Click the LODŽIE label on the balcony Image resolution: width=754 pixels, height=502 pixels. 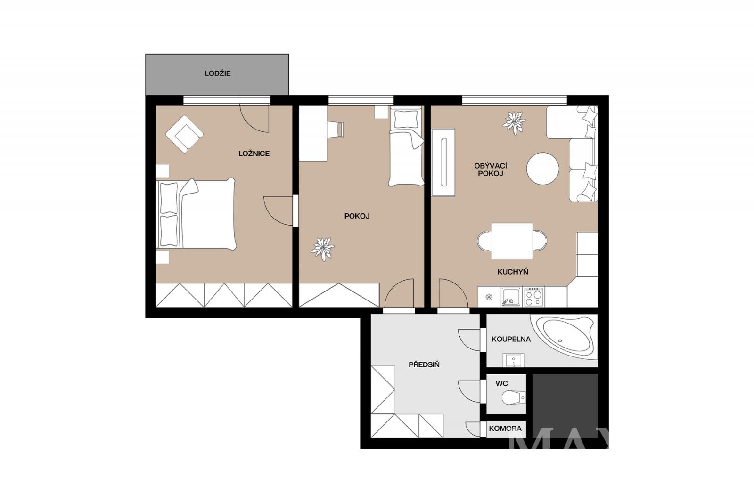[x=217, y=73]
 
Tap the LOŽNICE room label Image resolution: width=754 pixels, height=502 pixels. [x=254, y=154]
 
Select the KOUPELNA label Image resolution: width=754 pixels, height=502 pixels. [x=511, y=339]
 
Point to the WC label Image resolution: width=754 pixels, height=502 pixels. [x=501, y=383]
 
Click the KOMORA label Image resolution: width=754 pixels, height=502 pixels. [x=505, y=429]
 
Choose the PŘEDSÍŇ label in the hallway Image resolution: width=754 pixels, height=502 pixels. [x=424, y=364]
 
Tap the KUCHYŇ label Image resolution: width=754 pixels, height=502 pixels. [x=513, y=272]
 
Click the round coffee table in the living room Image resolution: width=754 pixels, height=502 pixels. [x=542, y=169]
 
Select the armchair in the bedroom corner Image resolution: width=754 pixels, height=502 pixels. [x=184, y=134]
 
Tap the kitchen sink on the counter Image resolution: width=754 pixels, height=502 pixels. [x=510, y=296]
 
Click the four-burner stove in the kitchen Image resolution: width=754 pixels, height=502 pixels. [x=533, y=296]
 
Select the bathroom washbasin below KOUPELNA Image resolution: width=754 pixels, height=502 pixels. [x=513, y=360]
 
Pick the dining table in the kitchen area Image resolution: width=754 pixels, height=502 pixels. [x=512, y=241]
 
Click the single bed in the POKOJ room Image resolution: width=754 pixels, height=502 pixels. [x=406, y=146]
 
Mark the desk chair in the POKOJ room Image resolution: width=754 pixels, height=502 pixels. [x=336, y=129]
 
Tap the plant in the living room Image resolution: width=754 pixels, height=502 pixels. [x=514, y=123]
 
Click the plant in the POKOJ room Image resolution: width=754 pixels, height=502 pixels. [x=322, y=249]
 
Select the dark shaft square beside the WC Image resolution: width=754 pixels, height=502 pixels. [x=565, y=406]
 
